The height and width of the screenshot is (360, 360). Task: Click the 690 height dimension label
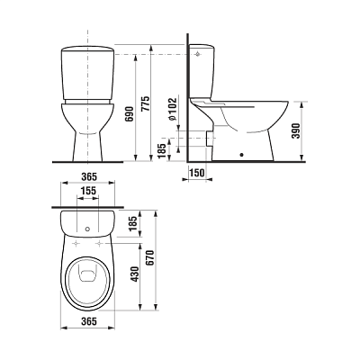[130, 113]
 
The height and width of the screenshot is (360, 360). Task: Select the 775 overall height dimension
[146, 103]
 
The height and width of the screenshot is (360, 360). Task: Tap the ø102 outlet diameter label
[173, 110]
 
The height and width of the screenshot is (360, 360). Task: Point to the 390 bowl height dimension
[296, 130]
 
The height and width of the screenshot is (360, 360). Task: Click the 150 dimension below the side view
[197, 173]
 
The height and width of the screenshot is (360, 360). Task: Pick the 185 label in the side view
[161, 151]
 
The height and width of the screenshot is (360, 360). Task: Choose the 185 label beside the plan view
[133, 222]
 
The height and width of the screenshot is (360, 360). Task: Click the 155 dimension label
[87, 191]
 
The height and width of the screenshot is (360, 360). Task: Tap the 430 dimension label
[135, 274]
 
